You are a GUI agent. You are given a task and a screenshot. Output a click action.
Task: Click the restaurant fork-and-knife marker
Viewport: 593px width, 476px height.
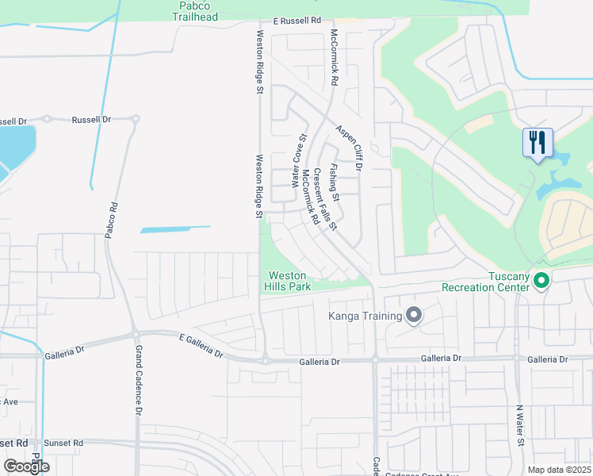[538, 144]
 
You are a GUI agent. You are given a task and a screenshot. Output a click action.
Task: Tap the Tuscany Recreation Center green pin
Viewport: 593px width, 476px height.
[542, 280]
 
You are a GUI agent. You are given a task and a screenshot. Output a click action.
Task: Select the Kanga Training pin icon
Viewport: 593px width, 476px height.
[413, 317]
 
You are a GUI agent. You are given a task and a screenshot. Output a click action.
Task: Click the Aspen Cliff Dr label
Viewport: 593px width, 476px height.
[348, 148]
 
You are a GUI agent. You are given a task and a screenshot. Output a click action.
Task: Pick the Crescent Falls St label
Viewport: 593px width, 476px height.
[325, 199]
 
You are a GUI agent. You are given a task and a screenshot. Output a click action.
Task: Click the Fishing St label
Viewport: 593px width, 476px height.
[335, 182]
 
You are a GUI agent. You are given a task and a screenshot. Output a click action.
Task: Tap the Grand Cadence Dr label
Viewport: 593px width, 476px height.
[137, 380]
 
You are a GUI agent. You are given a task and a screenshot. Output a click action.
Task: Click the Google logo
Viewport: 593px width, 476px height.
[26, 466]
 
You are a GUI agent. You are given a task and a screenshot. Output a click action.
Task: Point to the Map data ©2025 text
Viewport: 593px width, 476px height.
[559, 470]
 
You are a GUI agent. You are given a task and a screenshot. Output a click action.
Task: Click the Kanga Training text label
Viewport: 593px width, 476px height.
[365, 317]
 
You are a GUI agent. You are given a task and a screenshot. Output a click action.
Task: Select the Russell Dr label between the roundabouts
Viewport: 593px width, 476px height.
[91, 120]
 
